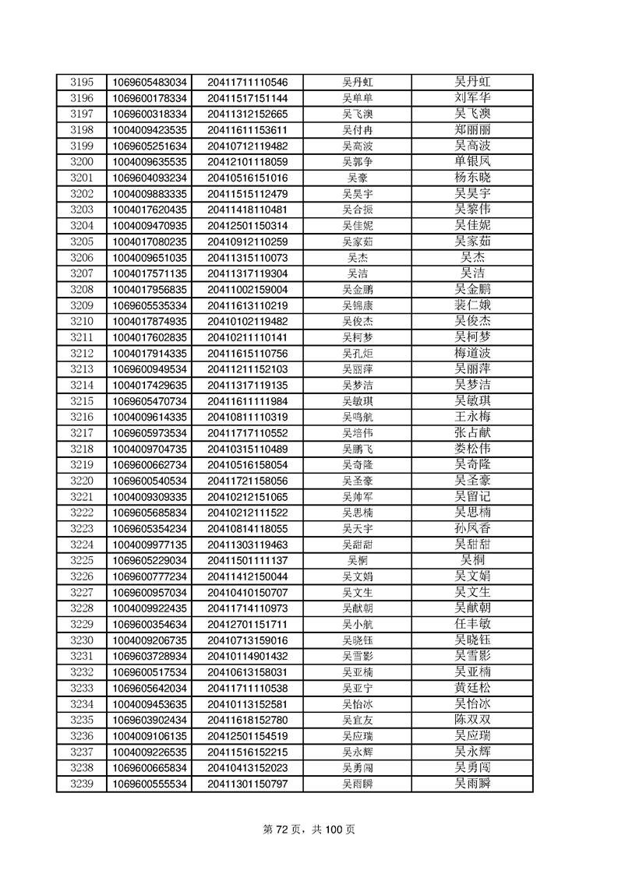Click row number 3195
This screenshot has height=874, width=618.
click(x=82, y=82)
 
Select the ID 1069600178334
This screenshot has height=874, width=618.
click(x=150, y=98)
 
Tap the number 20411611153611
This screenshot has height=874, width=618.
click(x=248, y=130)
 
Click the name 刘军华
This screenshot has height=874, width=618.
click(x=472, y=98)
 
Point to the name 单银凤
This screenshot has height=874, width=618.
click(x=472, y=161)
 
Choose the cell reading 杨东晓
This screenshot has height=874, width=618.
click(x=472, y=178)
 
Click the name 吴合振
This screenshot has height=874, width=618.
click(x=358, y=210)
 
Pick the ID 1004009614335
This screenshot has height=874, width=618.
click(x=150, y=417)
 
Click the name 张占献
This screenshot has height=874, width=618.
click(x=472, y=432)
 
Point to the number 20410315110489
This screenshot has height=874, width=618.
click(x=248, y=449)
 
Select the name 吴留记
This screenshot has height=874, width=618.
click(x=472, y=496)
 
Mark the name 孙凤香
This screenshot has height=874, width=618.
click(x=472, y=528)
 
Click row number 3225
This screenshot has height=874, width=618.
click(x=82, y=560)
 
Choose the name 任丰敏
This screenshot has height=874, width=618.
click(x=472, y=624)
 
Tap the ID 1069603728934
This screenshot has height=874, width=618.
click(x=150, y=656)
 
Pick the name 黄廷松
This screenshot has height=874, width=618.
click(x=472, y=688)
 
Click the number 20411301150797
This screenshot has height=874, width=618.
click(x=248, y=784)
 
